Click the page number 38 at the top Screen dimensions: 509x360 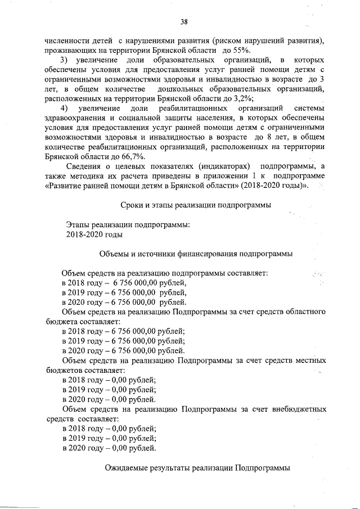(x=183, y=22)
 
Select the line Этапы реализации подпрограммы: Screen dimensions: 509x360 (x=128, y=224)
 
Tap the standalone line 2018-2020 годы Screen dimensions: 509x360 (x=93, y=235)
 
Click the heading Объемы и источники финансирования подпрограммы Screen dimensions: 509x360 (x=195, y=254)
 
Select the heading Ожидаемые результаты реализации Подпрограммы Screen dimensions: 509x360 (x=197, y=468)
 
